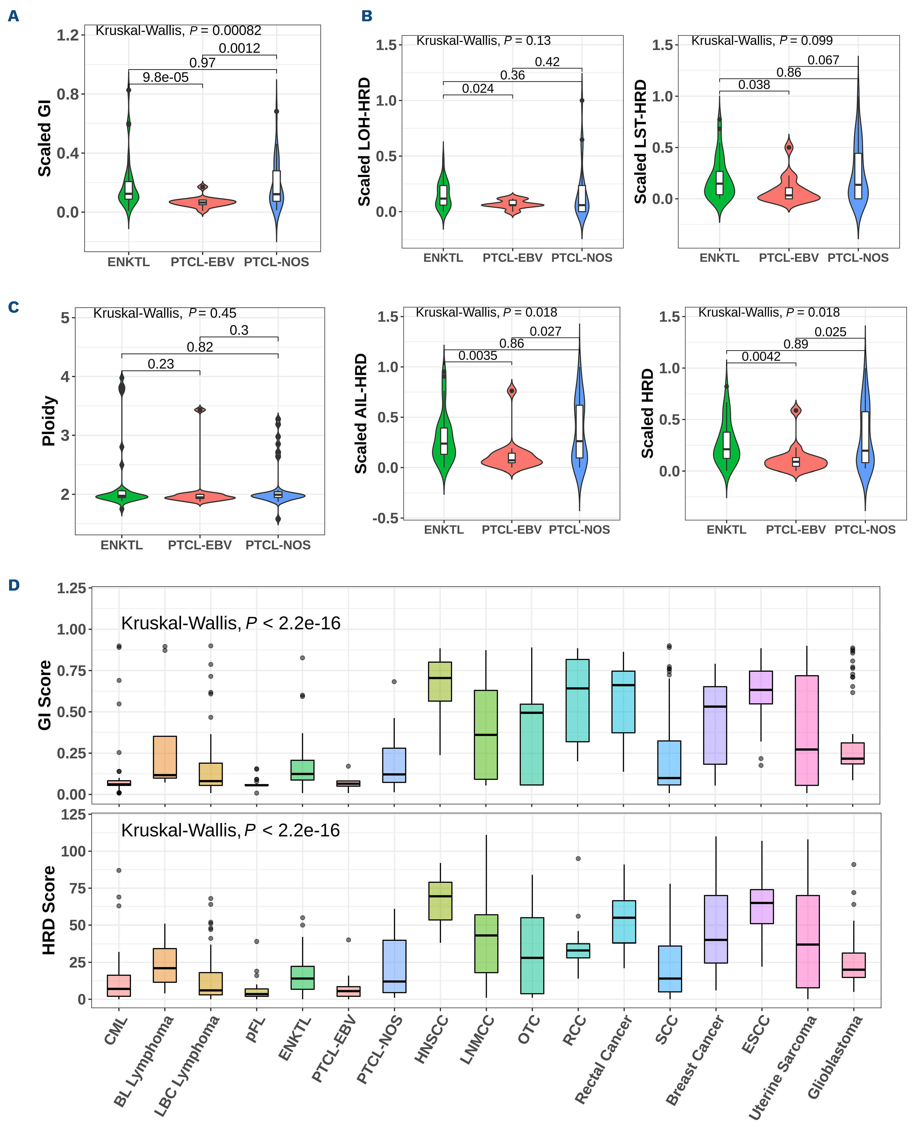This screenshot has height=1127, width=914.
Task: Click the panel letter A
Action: (13, 16)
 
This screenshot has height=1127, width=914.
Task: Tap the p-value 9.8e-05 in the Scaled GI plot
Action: (165, 77)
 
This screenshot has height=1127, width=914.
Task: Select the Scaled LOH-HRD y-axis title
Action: (364, 142)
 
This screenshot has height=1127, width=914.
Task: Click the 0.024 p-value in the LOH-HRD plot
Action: (478, 88)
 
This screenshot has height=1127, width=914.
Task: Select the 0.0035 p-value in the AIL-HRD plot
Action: (478, 355)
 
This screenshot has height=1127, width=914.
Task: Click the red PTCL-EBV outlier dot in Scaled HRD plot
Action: (796, 410)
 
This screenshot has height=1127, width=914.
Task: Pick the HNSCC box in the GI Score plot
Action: (440, 682)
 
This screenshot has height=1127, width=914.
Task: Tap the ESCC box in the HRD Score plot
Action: (761, 906)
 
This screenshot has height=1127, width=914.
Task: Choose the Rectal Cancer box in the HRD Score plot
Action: (624, 922)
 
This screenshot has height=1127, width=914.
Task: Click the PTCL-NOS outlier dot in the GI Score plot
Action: (394, 682)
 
